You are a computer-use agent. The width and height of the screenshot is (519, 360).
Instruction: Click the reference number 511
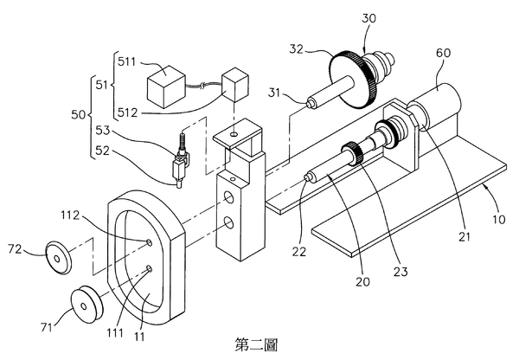[x=127, y=61]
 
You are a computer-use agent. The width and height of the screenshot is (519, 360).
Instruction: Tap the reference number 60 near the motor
[x=443, y=53]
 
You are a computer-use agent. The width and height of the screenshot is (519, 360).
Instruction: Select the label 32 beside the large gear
[x=296, y=49]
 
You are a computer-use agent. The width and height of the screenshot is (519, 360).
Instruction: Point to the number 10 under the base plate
[x=498, y=219]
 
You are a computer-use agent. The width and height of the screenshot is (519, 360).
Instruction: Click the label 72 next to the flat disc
[x=15, y=248]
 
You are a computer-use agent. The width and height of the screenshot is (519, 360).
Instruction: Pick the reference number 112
[x=70, y=215]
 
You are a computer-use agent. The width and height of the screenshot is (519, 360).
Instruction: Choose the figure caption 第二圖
[x=257, y=344]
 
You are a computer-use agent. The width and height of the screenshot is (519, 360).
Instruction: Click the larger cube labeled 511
[x=166, y=87]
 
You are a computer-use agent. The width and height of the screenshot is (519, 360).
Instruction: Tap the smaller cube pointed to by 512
[x=235, y=85]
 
